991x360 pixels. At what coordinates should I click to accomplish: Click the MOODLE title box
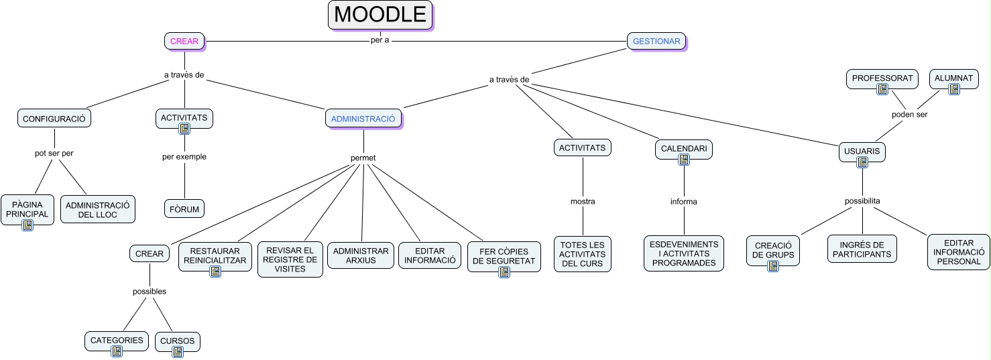pyautogui.click(x=380, y=15)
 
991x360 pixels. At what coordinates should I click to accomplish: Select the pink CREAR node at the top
pyautogui.click(x=184, y=41)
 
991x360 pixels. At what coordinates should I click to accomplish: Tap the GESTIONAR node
pyautogui.click(x=656, y=41)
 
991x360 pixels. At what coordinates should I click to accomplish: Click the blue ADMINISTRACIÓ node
pyautogui.click(x=363, y=119)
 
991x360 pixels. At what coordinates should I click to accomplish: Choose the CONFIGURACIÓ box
pyautogui.click(x=54, y=119)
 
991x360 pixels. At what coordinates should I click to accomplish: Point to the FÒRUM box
pyautogui.click(x=184, y=209)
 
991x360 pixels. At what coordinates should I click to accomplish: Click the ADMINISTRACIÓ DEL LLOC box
pyautogui.click(x=98, y=209)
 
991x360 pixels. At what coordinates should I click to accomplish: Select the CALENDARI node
pyautogui.click(x=683, y=148)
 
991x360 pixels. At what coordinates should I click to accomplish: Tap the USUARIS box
pyautogui.click(x=862, y=152)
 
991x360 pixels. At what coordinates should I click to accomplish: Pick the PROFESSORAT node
pyautogui.click(x=882, y=78)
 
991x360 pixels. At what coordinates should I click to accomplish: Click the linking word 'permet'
pyautogui.click(x=363, y=158)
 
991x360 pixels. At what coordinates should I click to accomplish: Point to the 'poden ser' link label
pyautogui.click(x=909, y=115)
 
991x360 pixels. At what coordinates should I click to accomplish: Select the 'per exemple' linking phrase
pyautogui.click(x=184, y=157)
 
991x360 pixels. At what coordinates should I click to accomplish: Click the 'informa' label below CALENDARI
pyautogui.click(x=683, y=202)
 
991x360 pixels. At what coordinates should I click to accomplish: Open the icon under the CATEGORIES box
pyautogui.click(x=117, y=351)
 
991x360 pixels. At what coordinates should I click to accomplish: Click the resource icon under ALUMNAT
pyautogui.click(x=953, y=88)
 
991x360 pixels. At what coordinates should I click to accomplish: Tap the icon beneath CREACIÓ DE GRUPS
pyautogui.click(x=772, y=266)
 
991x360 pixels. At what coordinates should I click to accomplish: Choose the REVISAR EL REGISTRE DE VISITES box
pyautogui.click(x=290, y=259)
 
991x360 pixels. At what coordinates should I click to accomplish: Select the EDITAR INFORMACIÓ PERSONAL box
pyautogui.click(x=958, y=252)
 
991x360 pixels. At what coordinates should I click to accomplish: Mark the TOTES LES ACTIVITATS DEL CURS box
pyautogui.click(x=583, y=254)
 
